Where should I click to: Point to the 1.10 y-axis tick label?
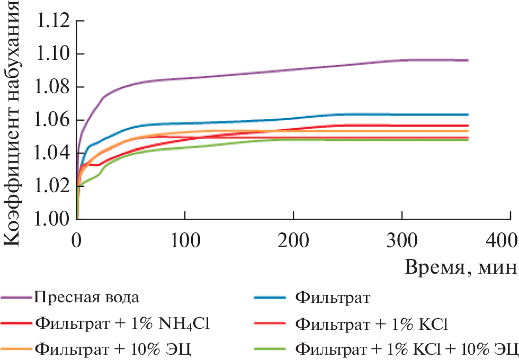tap(52, 54)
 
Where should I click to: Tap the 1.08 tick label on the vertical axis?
tap(52, 87)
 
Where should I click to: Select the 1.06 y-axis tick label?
tap(52, 120)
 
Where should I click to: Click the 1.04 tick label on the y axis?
tap(52, 153)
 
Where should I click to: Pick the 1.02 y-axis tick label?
tap(52, 186)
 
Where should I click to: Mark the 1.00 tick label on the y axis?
tap(52, 219)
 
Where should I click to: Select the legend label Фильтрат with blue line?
tap(331, 296)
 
